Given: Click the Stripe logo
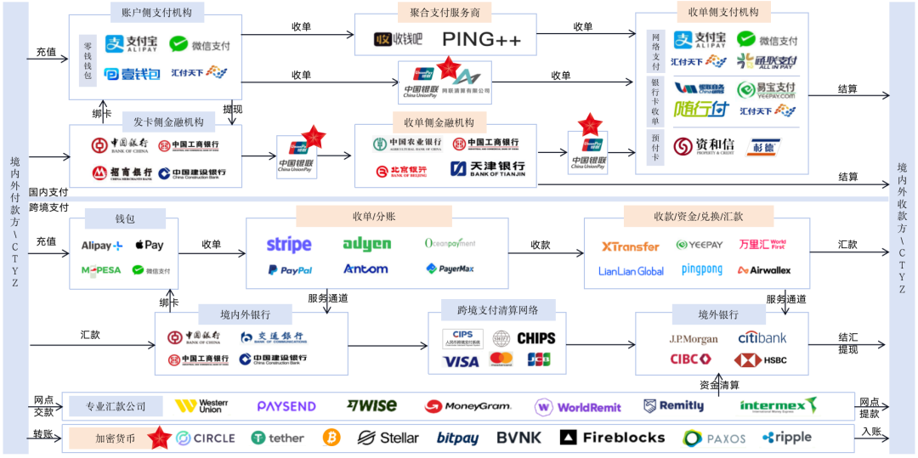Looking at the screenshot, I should [289, 245].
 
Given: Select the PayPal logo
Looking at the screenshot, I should [290, 270].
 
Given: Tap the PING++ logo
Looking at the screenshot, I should [481, 39].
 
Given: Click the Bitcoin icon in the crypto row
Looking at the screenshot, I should [331, 438].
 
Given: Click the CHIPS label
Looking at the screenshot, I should [536, 338].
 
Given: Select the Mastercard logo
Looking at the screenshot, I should [501, 359].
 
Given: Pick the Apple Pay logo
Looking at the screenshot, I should [149, 245].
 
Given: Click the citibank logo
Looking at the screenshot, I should [762, 338].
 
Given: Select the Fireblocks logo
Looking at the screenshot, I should [612, 438].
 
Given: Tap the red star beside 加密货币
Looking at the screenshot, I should [158, 438].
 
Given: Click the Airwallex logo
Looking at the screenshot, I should [763, 270].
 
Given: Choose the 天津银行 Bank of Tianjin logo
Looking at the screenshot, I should [487, 169].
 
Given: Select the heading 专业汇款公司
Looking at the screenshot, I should [116, 406].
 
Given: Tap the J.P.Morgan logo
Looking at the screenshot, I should [694, 338].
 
